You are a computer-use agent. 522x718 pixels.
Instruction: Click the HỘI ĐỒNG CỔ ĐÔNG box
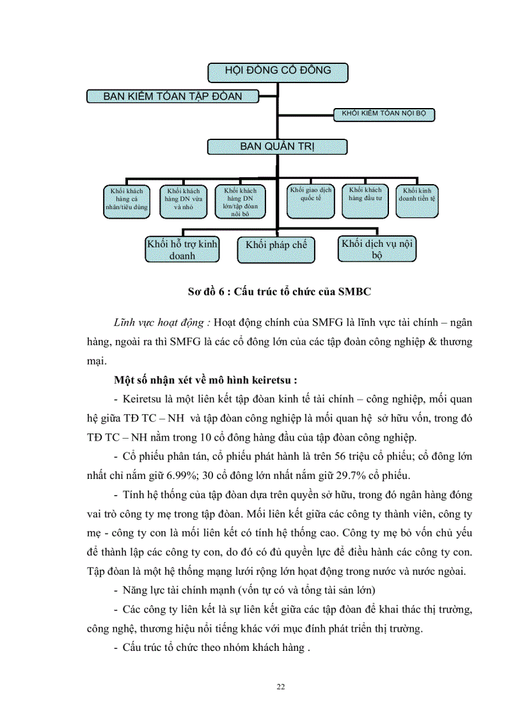(277, 72)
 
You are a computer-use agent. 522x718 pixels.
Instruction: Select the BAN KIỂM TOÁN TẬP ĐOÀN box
(173, 97)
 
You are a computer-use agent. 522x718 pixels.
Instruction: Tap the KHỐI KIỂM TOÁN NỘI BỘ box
(384, 114)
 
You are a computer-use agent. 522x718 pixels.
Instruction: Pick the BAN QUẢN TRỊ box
(277, 146)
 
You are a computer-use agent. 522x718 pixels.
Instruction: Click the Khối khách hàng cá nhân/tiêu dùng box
(126, 199)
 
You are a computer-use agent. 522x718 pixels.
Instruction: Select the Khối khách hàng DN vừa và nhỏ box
(183, 199)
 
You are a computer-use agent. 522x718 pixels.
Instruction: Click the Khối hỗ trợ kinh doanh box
(182, 249)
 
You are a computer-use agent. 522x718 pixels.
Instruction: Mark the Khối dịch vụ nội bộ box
(377, 249)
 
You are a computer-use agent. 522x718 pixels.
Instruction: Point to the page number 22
(280, 687)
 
